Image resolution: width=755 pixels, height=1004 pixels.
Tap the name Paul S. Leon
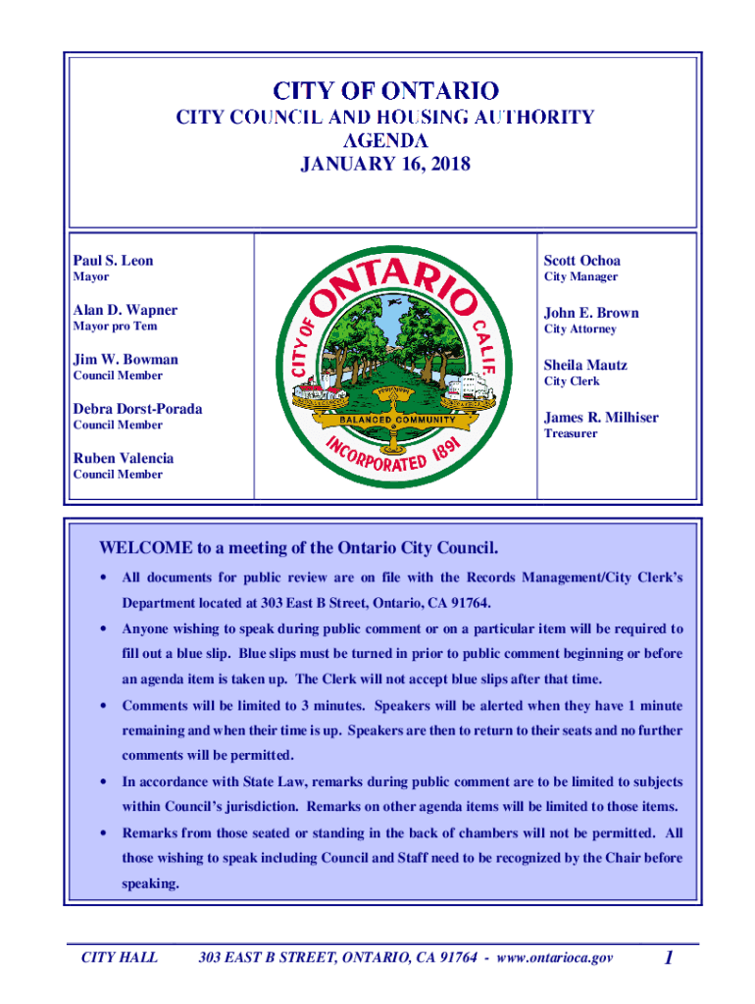pyautogui.click(x=113, y=261)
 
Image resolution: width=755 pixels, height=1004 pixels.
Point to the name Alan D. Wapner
pyautogui.click(x=125, y=310)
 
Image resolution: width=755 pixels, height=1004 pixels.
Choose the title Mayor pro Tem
pyautogui.click(x=115, y=326)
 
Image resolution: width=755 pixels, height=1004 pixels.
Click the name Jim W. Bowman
pyautogui.click(x=125, y=360)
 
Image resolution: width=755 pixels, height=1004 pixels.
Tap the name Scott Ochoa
pyautogui.click(x=581, y=261)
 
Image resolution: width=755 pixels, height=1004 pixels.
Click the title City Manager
pyautogui.click(x=580, y=277)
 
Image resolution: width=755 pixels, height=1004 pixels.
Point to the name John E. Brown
pyautogui.click(x=591, y=313)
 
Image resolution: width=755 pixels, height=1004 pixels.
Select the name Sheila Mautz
pyautogui.click(x=585, y=365)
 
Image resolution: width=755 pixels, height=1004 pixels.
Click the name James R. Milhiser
pyautogui.click(x=601, y=418)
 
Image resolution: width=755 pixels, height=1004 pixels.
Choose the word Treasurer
pyautogui.click(x=571, y=433)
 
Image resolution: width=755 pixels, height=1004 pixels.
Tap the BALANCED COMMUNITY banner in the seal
pyautogui.click(x=397, y=420)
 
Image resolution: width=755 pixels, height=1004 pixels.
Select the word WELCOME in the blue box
pyautogui.click(x=139, y=547)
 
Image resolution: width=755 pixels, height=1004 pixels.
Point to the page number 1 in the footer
pyautogui.click(x=667, y=958)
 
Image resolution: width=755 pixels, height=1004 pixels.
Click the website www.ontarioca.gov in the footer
pyautogui.click(x=555, y=957)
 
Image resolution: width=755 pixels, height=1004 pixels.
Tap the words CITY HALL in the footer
pyautogui.click(x=119, y=957)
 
